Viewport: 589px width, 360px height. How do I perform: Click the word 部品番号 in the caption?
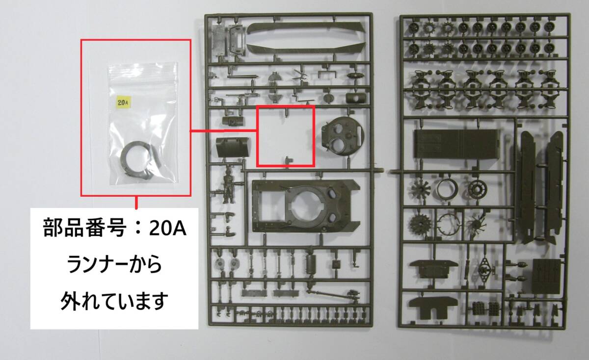(x=83, y=228)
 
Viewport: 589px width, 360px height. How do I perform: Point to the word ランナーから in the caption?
(x=114, y=264)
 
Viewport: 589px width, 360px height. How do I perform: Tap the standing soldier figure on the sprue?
(x=228, y=186)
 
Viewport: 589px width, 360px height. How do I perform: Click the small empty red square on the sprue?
(x=286, y=136)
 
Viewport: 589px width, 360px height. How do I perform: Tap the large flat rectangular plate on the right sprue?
(x=456, y=144)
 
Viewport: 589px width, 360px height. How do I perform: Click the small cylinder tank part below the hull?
(x=312, y=263)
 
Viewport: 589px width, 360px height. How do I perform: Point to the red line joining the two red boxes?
(x=223, y=130)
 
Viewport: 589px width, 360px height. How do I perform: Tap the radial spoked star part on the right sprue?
(x=421, y=189)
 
